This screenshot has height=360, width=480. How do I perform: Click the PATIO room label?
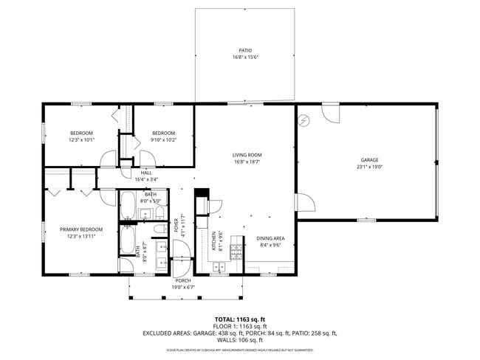(x=244, y=51)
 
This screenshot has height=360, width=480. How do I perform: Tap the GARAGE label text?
(x=369, y=160)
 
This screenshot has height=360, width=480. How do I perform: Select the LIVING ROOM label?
(x=247, y=155)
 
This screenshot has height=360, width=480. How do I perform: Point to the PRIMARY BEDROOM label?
(x=80, y=229)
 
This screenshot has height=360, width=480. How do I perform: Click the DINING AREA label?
(x=270, y=238)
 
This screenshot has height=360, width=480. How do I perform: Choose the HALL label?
(x=146, y=173)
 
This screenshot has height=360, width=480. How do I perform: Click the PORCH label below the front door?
(x=183, y=280)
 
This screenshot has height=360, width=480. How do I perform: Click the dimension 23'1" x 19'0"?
(x=369, y=167)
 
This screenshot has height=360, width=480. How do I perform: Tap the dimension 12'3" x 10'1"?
(x=81, y=139)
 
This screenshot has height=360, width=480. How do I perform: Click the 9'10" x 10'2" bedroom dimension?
(x=163, y=139)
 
